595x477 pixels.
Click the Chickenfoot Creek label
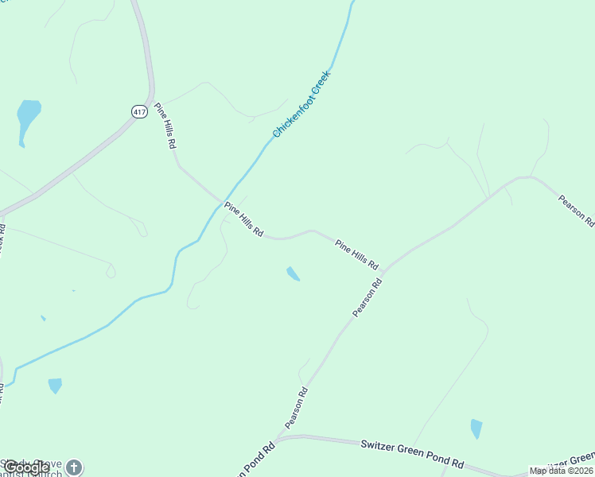pos(301,104)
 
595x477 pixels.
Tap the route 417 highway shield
pos(140,112)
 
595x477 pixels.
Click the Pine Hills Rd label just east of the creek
pos(243,219)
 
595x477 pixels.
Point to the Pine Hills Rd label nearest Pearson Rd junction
pos(356,254)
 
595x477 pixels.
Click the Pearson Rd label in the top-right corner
pos(576,207)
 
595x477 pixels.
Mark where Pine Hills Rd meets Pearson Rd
pos(383,272)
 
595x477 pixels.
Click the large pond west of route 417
pos(28,118)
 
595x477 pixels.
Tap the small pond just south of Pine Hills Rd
pos(293,273)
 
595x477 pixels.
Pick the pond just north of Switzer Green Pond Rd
pos(476,428)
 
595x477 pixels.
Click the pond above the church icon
pos(54,386)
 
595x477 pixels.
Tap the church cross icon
pos(74,467)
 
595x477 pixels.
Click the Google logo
pos(26,467)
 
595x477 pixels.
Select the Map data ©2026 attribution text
pos(561,471)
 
